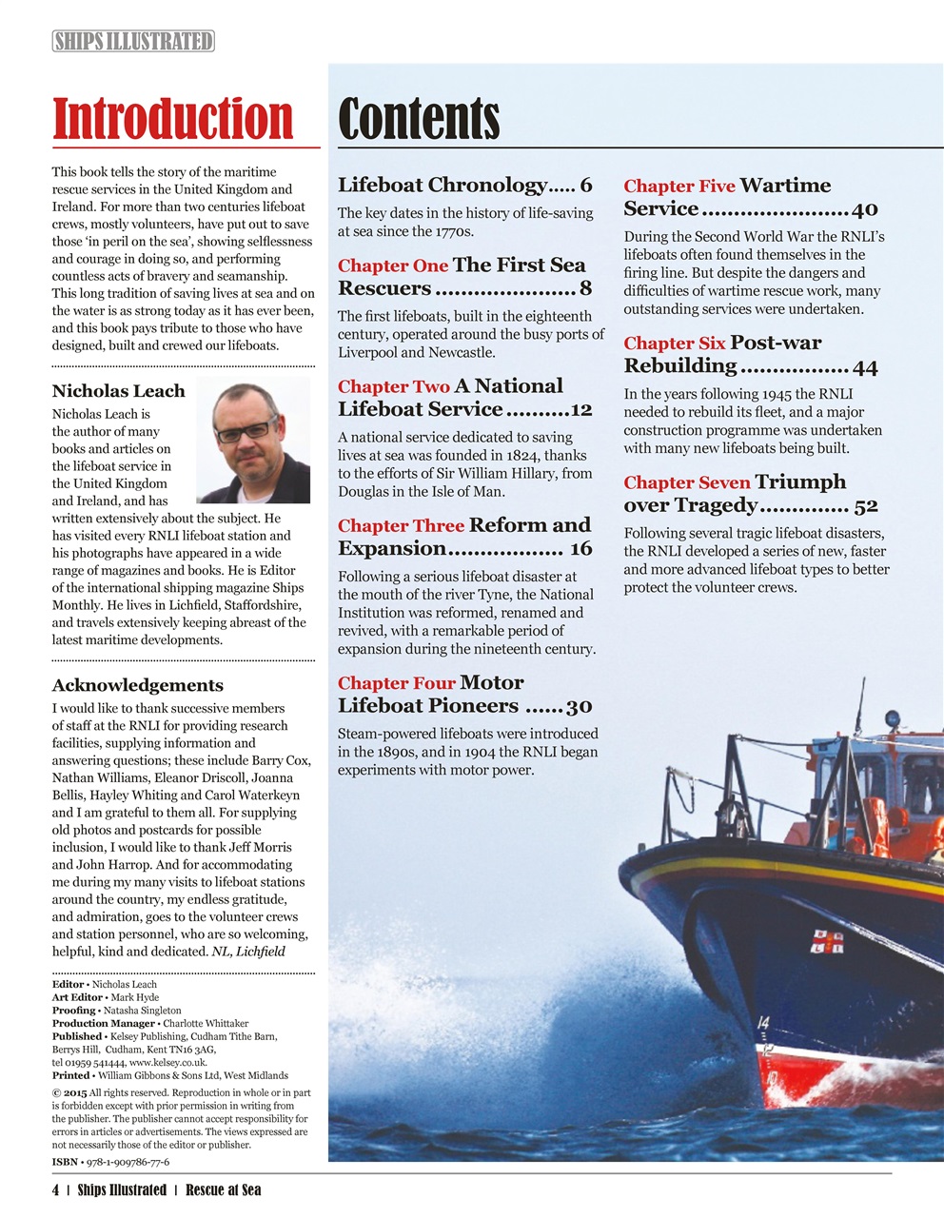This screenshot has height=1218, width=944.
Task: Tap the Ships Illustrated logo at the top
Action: click(x=133, y=41)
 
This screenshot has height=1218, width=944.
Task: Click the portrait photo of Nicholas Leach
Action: click(x=253, y=440)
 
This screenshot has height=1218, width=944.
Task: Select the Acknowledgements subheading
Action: click(x=137, y=685)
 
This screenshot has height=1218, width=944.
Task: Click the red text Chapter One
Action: click(x=392, y=265)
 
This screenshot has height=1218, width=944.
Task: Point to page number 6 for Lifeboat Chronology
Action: click(x=586, y=186)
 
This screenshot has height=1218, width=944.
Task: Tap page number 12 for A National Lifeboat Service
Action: click(x=580, y=409)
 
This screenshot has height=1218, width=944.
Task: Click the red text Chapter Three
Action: click(x=401, y=526)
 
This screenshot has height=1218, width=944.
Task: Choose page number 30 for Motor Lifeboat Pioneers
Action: click(x=579, y=706)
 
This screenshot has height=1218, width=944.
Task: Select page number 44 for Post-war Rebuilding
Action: click(x=865, y=367)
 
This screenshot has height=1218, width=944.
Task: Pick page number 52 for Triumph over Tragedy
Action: click(x=866, y=506)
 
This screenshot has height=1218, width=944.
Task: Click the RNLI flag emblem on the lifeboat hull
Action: click(x=826, y=942)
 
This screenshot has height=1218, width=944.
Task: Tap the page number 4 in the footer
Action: click(x=56, y=1190)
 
